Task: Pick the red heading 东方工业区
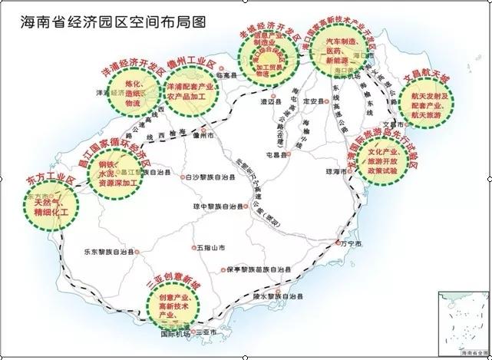[x=45, y=183]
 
